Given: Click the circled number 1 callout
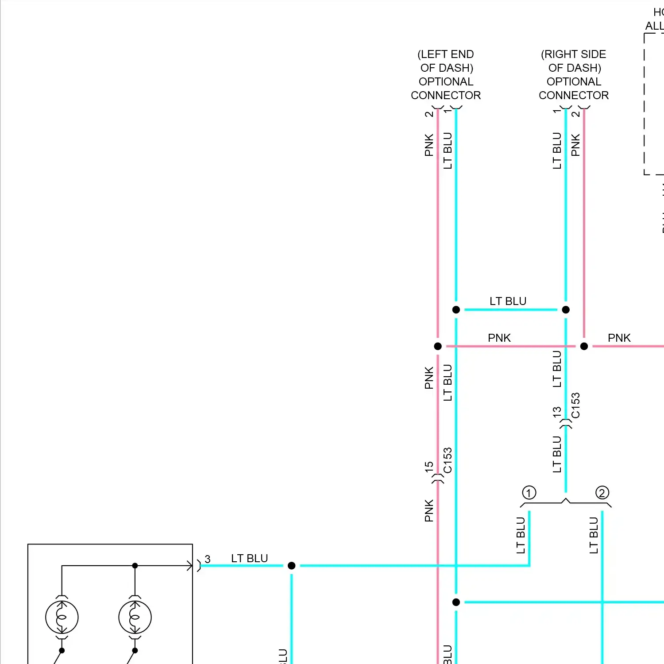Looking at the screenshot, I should point(529,492).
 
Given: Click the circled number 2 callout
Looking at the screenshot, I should point(602,492).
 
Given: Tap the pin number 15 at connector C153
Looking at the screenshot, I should point(429,466).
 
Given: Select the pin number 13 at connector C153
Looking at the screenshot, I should point(556,412).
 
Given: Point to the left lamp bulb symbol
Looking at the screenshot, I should point(62,617).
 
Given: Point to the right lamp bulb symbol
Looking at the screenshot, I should point(135,617).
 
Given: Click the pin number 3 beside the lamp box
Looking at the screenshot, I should point(208,559).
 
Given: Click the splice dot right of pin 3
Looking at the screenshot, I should point(291,566).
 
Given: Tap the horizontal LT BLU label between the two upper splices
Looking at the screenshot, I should point(508,301).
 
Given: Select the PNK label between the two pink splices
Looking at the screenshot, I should point(499,338).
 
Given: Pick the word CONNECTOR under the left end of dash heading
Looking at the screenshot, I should point(446,95).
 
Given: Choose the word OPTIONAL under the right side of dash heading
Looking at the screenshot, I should point(574,81).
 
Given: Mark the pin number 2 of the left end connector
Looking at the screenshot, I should point(429,114).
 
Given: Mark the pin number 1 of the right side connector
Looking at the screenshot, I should point(556,111).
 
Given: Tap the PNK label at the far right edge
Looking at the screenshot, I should point(619,338).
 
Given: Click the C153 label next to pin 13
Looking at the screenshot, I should point(575,405).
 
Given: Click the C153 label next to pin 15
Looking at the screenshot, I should point(448,460).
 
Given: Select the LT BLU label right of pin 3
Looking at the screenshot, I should point(249,558).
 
